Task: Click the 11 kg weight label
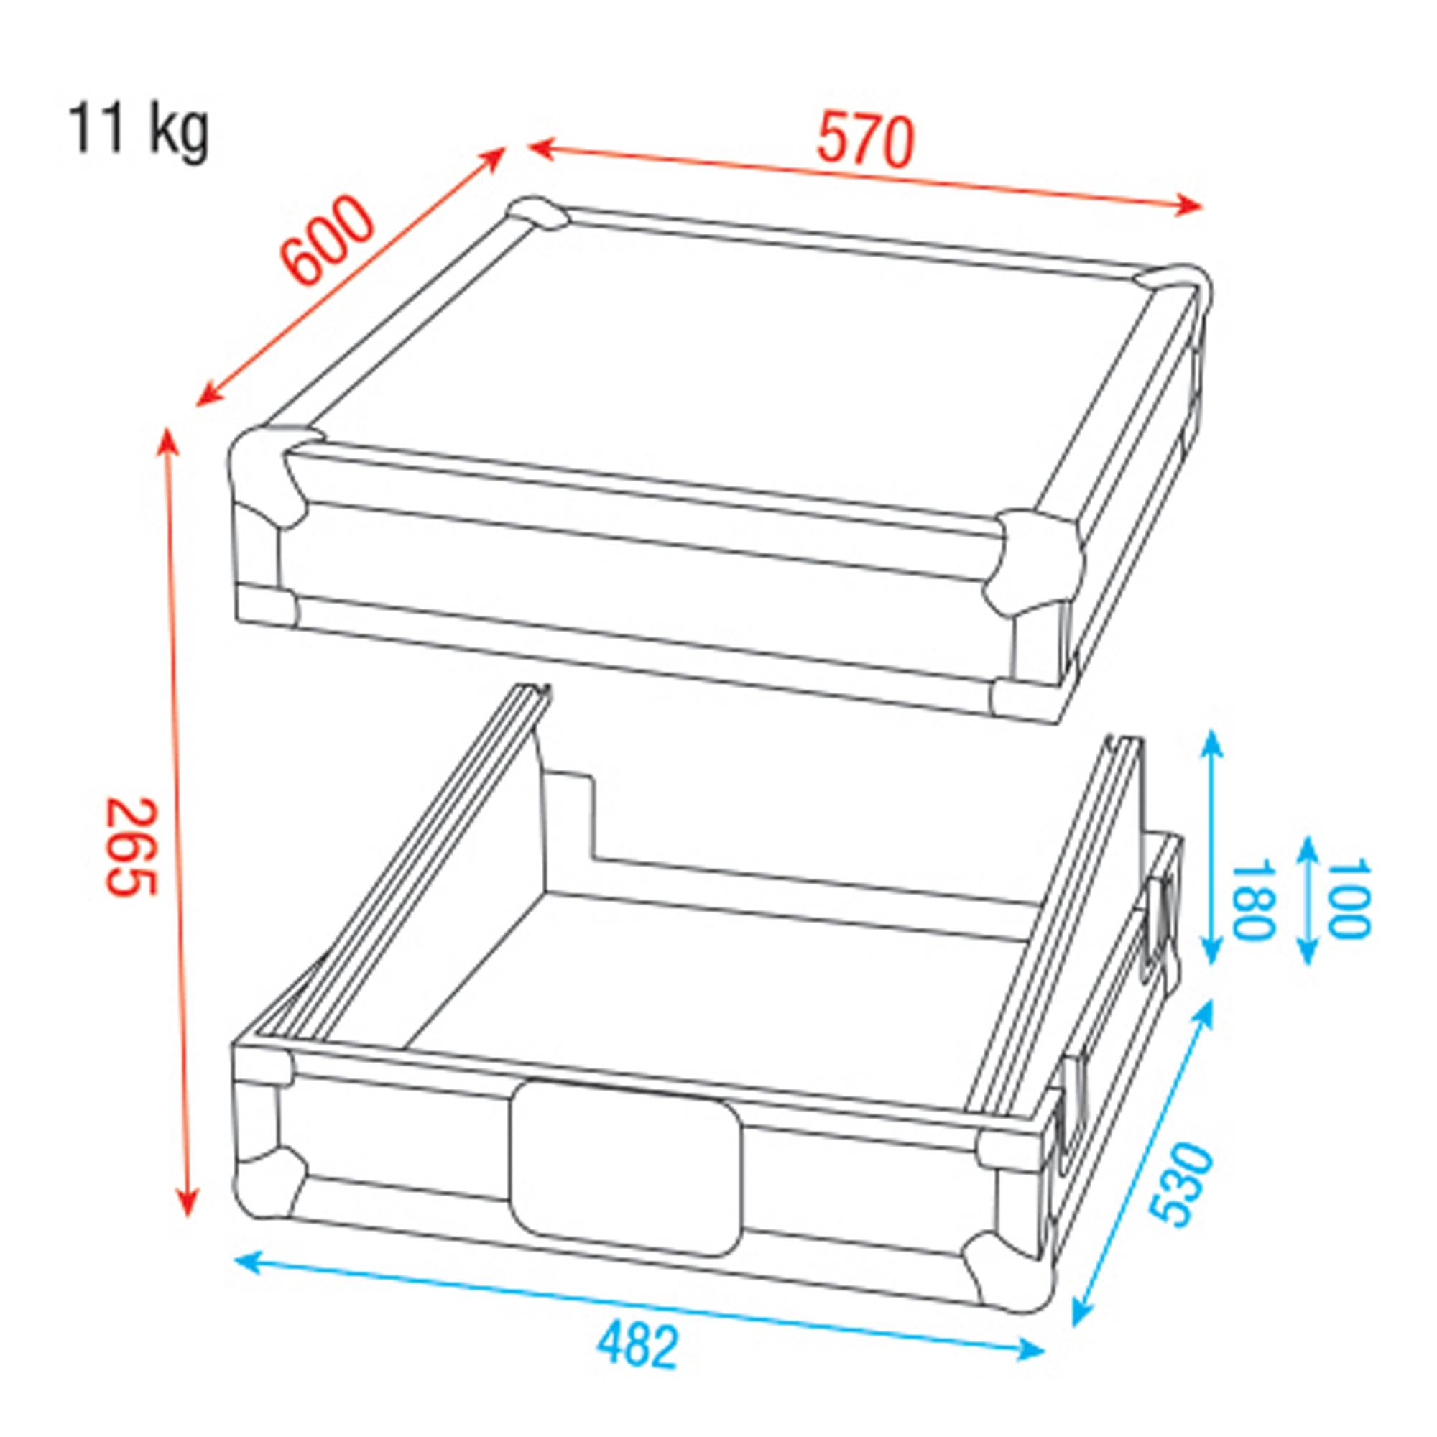point(139,131)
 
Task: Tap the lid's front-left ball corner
point(268,472)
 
